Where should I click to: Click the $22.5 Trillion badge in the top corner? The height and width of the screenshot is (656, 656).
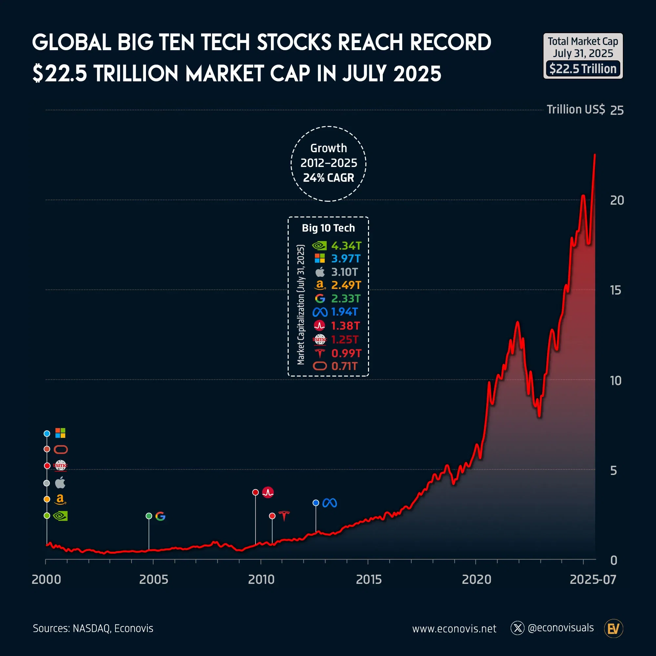583,69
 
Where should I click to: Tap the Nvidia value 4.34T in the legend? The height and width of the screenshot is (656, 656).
346,245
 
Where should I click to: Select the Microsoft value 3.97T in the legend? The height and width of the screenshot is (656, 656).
346,259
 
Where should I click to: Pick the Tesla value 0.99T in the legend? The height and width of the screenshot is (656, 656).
346,354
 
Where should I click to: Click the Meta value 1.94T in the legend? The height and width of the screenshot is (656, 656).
344,312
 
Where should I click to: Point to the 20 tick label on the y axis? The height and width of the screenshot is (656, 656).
617,200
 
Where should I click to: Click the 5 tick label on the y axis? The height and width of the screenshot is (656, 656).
613,471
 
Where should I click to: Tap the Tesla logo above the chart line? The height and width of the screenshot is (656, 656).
284,516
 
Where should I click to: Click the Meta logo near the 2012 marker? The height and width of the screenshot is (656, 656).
329,503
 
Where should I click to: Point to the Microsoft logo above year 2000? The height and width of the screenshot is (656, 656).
60,433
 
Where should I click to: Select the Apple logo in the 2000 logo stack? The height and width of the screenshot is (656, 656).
60,482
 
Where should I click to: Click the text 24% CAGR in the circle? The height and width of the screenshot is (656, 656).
328,177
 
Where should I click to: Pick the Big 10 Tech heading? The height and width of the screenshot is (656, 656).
328,228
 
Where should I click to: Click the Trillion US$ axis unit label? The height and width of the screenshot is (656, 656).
576,110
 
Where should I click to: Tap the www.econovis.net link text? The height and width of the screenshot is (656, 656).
454,628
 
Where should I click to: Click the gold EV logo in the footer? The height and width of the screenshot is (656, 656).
613,628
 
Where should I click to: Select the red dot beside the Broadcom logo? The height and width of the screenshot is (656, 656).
255,492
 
